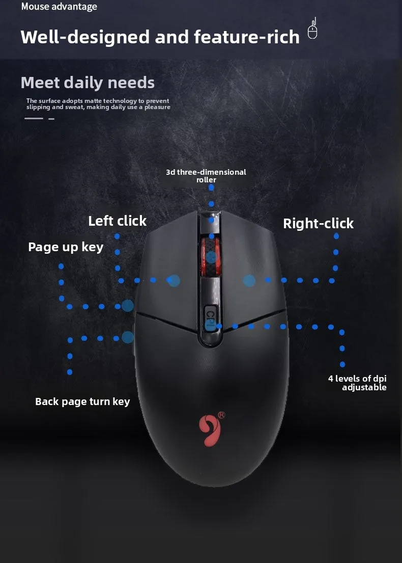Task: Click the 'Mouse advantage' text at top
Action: click(59, 7)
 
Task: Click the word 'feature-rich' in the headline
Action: click(247, 37)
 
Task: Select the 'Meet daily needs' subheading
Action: click(88, 83)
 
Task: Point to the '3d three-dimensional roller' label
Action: click(206, 176)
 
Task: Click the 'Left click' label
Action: click(117, 221)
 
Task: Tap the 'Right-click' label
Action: click(318, 223)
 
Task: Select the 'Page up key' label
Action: click(66, 247)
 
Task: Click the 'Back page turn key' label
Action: click(82, 401)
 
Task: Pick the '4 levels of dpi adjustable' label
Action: click(357, 383)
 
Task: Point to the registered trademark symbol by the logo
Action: click(221, 415)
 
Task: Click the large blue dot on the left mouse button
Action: click(174, 280)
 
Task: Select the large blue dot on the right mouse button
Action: click(249, 280)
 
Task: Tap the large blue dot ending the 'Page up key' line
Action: click(128, 306)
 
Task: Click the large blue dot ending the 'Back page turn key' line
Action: click(128, 337)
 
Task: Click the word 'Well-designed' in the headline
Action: click(85, 37)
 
